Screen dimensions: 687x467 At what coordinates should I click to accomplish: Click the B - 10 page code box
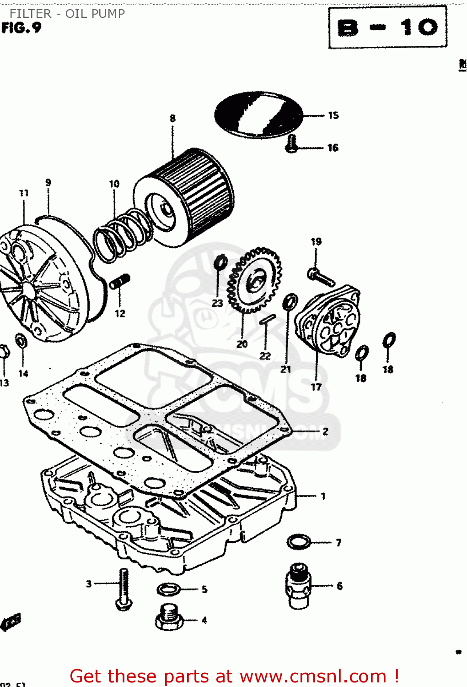tap(387, 27)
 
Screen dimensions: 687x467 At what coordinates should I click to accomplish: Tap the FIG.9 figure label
tap(21, 28)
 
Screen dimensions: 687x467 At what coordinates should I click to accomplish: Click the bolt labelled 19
tap(320, 276)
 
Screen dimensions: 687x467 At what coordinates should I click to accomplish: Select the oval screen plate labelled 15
tap(259, 114)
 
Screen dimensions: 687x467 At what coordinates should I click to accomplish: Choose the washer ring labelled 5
tap(168, 589)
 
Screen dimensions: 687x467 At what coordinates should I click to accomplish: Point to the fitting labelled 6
tap(299, 586)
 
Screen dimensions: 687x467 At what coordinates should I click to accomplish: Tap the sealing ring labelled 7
tap(299, 542)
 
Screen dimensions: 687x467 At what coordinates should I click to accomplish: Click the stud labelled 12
tap(121, 281)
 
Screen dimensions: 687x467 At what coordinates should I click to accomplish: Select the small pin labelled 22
tap(266, 319)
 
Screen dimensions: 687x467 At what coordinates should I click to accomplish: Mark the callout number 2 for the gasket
tap(325, 431)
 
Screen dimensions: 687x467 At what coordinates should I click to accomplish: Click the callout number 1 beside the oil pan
tap(323, 496)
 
